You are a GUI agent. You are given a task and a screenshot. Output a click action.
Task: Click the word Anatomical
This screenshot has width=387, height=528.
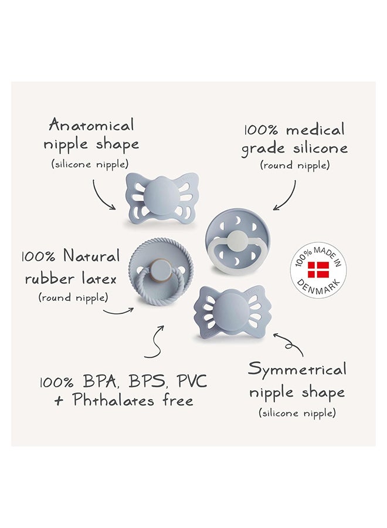coord(91,125)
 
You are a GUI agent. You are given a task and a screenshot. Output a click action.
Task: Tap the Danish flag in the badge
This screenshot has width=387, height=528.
coord(318,269)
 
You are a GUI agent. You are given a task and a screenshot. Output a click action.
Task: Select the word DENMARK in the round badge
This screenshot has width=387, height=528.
coord(318,287)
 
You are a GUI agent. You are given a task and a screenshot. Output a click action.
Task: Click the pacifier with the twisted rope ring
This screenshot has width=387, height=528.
coord(158,273)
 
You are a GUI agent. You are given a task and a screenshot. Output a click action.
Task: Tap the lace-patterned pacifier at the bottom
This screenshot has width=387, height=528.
coord(233,311)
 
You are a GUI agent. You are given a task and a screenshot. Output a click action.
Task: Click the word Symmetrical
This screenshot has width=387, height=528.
coord(297,370)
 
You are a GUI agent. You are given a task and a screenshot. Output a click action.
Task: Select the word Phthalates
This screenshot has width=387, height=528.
coord(113,400)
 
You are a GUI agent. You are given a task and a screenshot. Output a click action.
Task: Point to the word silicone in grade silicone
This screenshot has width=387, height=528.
coord(320,148)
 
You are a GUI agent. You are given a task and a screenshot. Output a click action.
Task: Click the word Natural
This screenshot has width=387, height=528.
coord(91,256)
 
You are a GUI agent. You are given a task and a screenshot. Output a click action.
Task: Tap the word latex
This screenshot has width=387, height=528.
coord(99,279)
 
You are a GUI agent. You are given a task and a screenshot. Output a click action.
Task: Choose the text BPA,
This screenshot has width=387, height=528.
coord(100,382)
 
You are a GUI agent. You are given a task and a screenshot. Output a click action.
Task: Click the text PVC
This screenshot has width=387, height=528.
coord(192,381)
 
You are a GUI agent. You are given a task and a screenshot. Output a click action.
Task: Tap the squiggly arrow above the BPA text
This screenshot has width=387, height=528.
coord(156,343)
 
